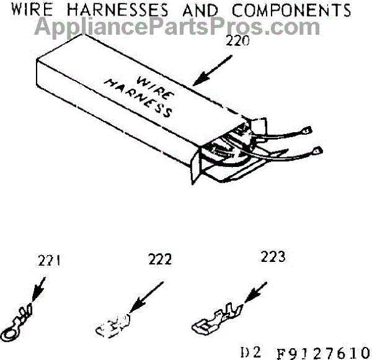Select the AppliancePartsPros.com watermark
click(177, 27)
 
